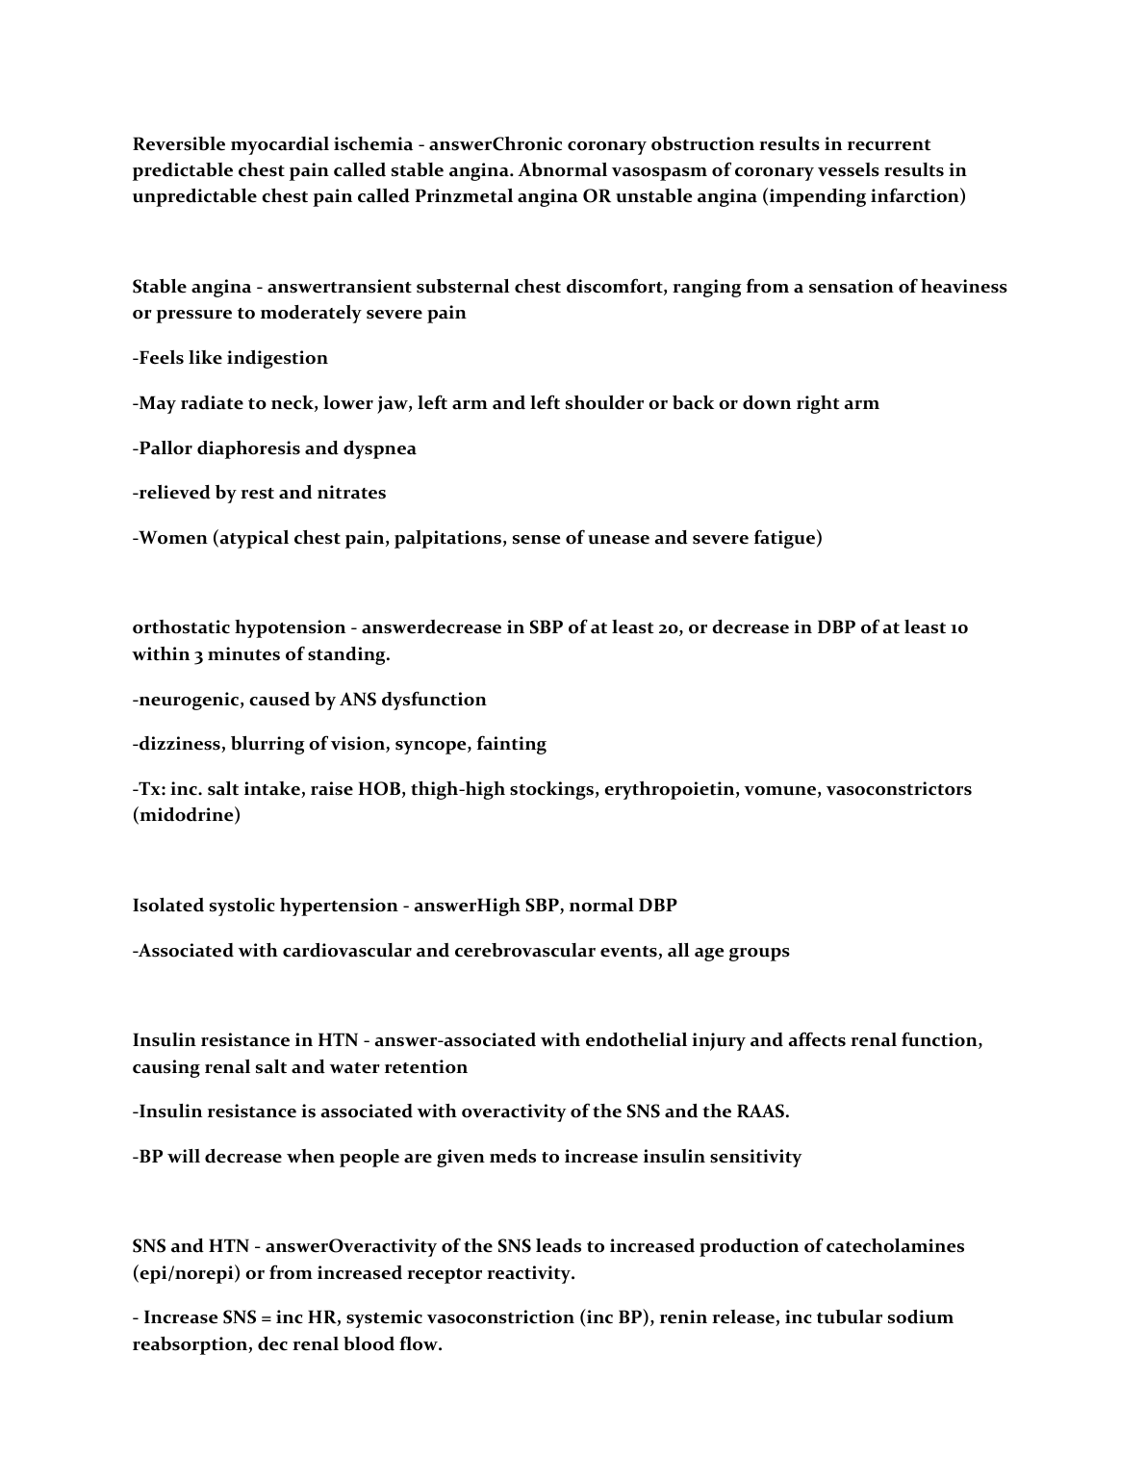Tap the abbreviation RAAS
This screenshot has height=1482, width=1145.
tap(762, 1111)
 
